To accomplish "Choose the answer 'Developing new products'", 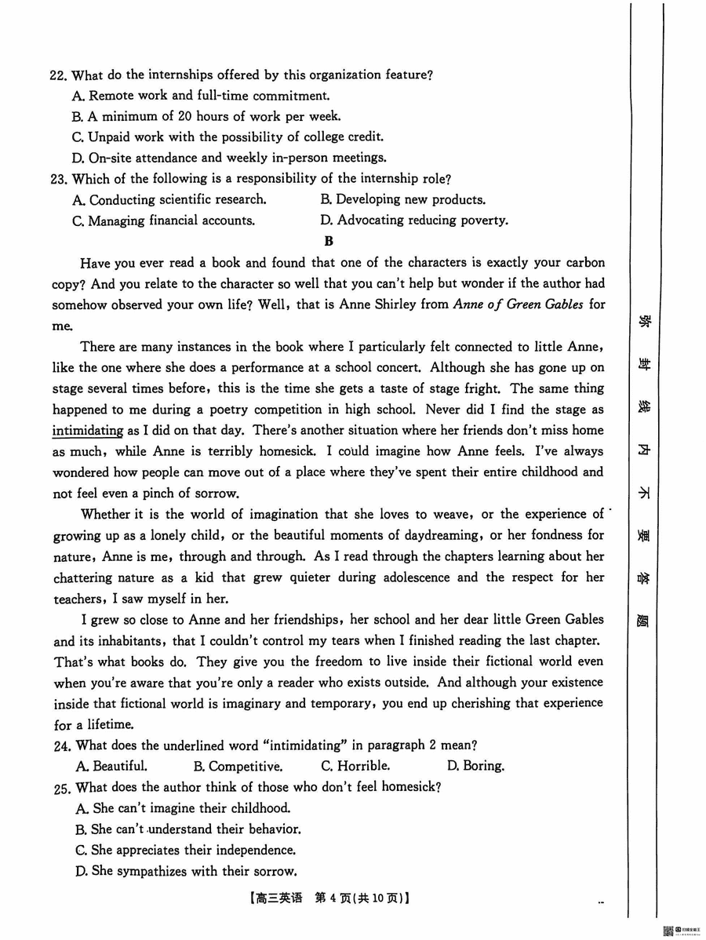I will (x=402, y=199).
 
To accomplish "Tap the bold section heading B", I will (x=329, y=242).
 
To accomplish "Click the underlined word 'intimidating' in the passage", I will (x=87, y=430).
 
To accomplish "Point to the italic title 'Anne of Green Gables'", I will (x=518, y=304).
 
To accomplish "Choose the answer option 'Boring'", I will (x=475, y=766).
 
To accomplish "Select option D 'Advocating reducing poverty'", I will (x=413, y=220).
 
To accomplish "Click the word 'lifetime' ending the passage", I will (x=109, y=724).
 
